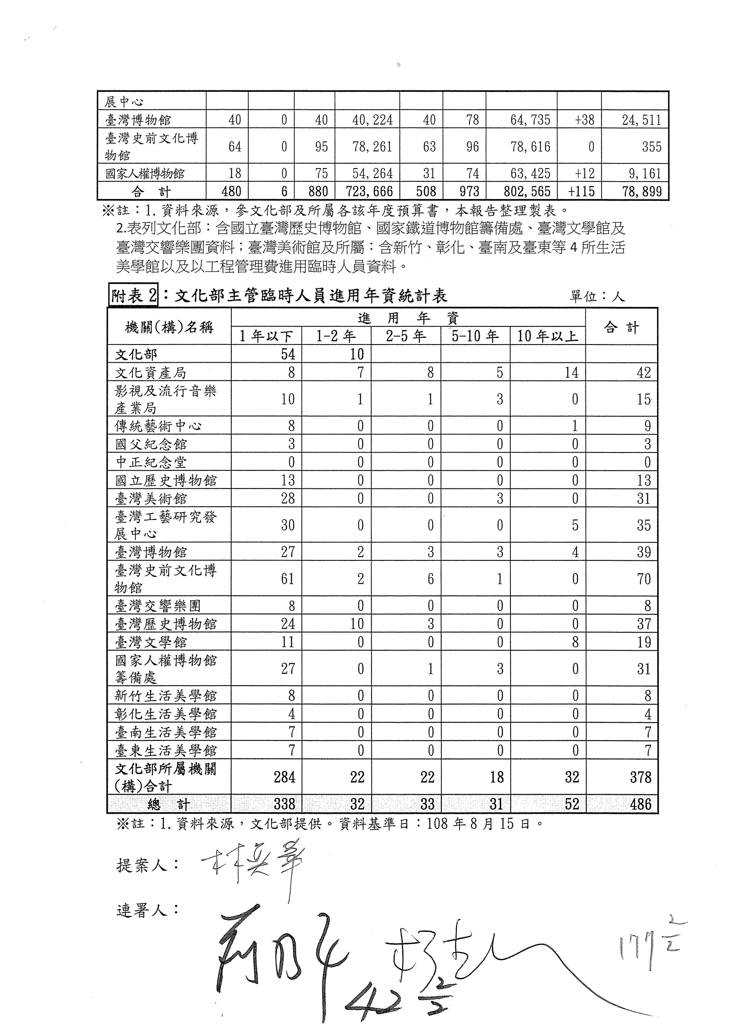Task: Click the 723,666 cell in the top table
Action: click(372, 192)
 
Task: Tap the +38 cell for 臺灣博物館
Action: click(585, 120)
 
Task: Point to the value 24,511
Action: click(641, 120)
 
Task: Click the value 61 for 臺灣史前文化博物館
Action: click(287, 578)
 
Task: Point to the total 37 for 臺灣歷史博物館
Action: click(644, 624)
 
